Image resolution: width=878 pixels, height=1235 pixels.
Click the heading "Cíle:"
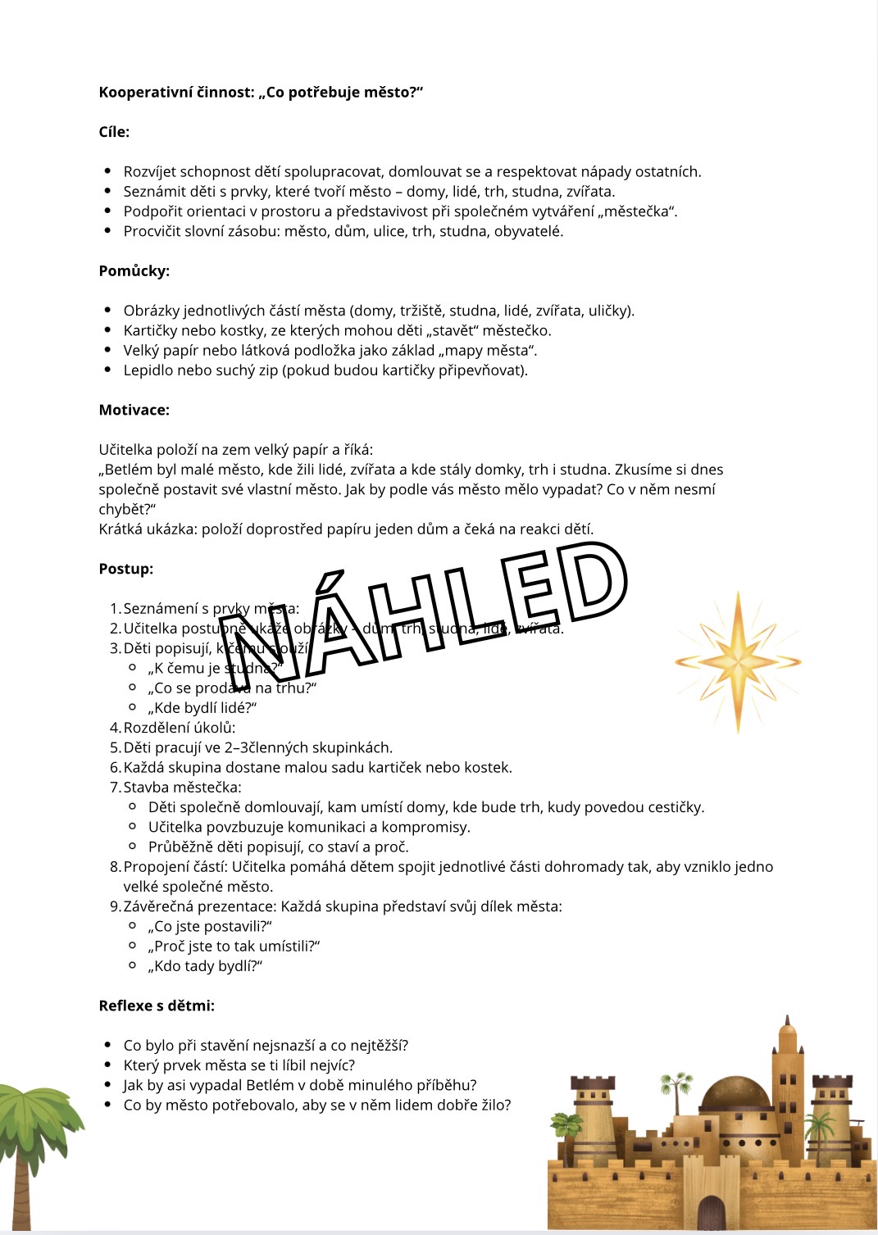coord(114,132)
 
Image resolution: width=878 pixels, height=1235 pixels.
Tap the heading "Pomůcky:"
coord(134,271)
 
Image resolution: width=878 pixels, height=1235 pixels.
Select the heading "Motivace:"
coord(134,410)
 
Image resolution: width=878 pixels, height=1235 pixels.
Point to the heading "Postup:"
coord(125,569)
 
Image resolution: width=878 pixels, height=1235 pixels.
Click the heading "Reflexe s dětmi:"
coord(157,1006)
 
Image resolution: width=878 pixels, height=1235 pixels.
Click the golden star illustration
coord(738,661)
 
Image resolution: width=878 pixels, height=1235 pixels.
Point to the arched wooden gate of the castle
coord(712,1213)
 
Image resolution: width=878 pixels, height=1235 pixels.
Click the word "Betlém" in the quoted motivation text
coord(130,470)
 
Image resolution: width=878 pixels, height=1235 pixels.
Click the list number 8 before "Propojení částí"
coord(115,867)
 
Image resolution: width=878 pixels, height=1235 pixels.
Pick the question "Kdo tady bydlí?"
coord(205,966)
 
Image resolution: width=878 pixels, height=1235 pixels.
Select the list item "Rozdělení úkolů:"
coord(179,728)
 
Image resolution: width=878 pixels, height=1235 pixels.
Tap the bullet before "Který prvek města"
coord(107,1065)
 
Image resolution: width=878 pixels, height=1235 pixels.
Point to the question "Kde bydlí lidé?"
coord(202,708)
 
